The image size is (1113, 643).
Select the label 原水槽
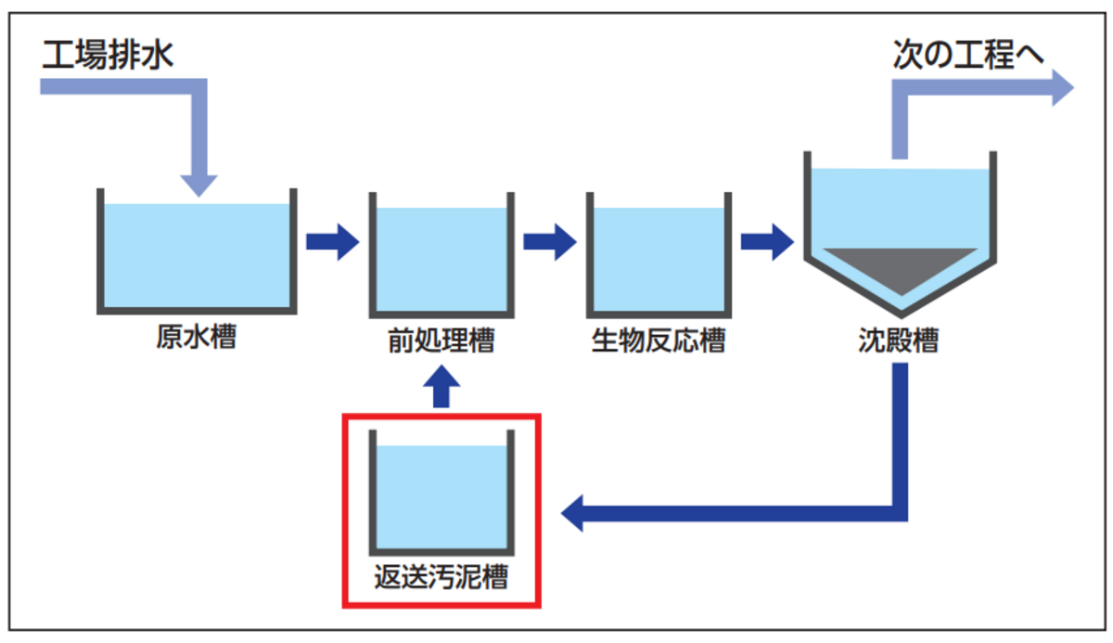196,337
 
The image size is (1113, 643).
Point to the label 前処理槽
441,341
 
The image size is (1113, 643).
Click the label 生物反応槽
658,341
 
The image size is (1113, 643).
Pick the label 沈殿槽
897,341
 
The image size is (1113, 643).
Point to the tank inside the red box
441,496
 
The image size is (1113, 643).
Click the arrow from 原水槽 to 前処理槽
332,242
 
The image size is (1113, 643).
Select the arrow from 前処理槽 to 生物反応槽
549,242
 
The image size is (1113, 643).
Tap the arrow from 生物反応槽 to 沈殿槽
766,242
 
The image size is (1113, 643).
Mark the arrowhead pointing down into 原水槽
199,182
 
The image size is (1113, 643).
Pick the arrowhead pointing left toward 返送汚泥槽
576,511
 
